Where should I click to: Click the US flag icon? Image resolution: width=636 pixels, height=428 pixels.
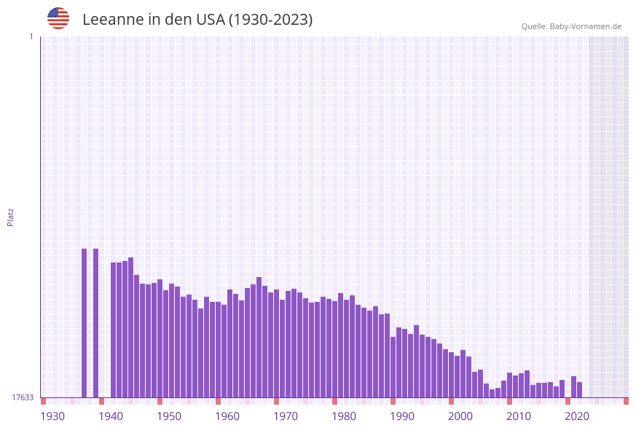tap(58, 18)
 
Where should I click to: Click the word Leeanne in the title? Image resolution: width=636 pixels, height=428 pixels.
tap(113, 20)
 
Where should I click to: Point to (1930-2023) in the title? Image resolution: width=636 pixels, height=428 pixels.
tap(270, 20)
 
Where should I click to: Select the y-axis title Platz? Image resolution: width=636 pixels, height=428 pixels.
tap(10, 217)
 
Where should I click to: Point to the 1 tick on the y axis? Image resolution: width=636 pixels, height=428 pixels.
tap(31, 36)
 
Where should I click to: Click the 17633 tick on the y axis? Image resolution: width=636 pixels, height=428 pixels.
tap(23, 397)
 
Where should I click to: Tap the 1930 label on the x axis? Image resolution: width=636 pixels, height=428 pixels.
tap(52, 416)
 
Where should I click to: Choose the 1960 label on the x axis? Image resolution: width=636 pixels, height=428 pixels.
tap(227, 416)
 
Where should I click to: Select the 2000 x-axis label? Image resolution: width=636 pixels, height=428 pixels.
tap(460, 416)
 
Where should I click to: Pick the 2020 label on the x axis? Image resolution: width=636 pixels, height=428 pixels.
tap(577, 416)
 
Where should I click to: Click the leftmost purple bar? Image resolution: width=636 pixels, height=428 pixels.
tap(84, 323)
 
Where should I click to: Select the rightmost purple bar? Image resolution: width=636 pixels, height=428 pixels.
tap(579, 390)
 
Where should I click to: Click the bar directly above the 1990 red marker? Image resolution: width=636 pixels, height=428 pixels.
tap(393, 367)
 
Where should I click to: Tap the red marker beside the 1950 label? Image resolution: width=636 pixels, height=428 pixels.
tap(160, 401)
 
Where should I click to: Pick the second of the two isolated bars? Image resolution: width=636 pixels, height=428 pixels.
tap(95, 323)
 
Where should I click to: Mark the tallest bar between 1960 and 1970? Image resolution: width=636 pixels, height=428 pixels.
tap(259, 337)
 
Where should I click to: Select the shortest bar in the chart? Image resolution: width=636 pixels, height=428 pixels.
tap(492, 393)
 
